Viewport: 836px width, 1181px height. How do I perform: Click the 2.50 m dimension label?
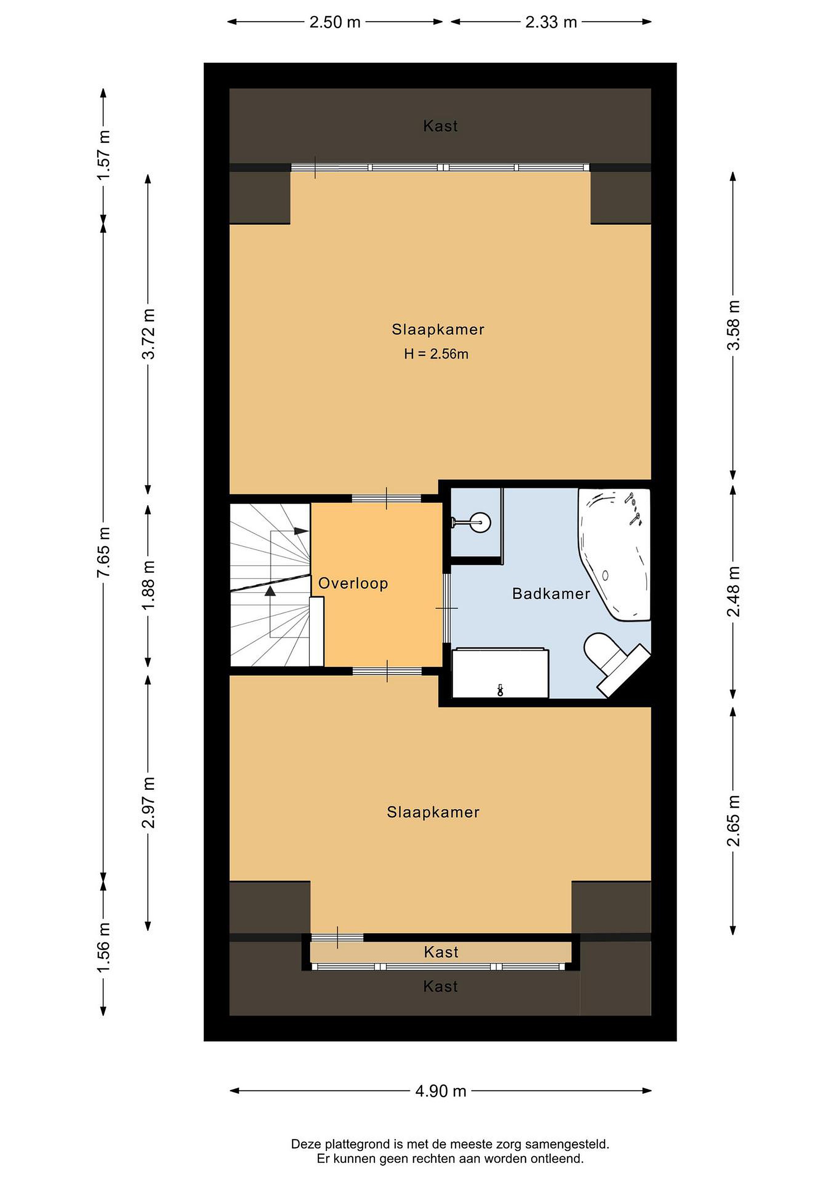pyautogui.click(x=334, y=22)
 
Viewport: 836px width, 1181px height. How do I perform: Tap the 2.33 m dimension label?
pyautogui.click(x=551, y=22)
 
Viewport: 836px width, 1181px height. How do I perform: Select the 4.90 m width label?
pyautogui.click(x=441, y=1090)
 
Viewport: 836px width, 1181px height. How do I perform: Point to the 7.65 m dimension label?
pyautogui.click(x=103, y=552)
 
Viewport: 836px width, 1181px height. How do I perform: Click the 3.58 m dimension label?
pyautogui.click(x=733, y=325)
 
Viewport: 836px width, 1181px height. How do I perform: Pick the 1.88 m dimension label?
pyautogui.click(x=148, y=585)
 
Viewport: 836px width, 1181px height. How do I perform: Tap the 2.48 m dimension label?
pyautogui.click(x=733, y=592)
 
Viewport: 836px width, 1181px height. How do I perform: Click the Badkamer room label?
pyautogui.click(x=551, y=594)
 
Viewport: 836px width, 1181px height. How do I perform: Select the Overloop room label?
pyautogui.click(x=353, y=583)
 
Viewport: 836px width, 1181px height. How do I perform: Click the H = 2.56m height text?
pyautogui.click(x=436, y=354)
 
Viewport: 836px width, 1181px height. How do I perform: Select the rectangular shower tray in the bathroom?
pyautogui.click(x=500, y=673)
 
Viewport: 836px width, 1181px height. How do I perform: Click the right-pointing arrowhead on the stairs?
pyautogui.click(x=302, y=531)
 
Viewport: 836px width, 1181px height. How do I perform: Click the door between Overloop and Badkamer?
pyautogui.click(x=446, y=608)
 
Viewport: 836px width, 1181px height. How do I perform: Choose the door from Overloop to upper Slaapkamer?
pyautogui.click(x=387, y=498)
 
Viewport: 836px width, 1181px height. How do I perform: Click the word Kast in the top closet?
pyautogui.click(x=440, y=126)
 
